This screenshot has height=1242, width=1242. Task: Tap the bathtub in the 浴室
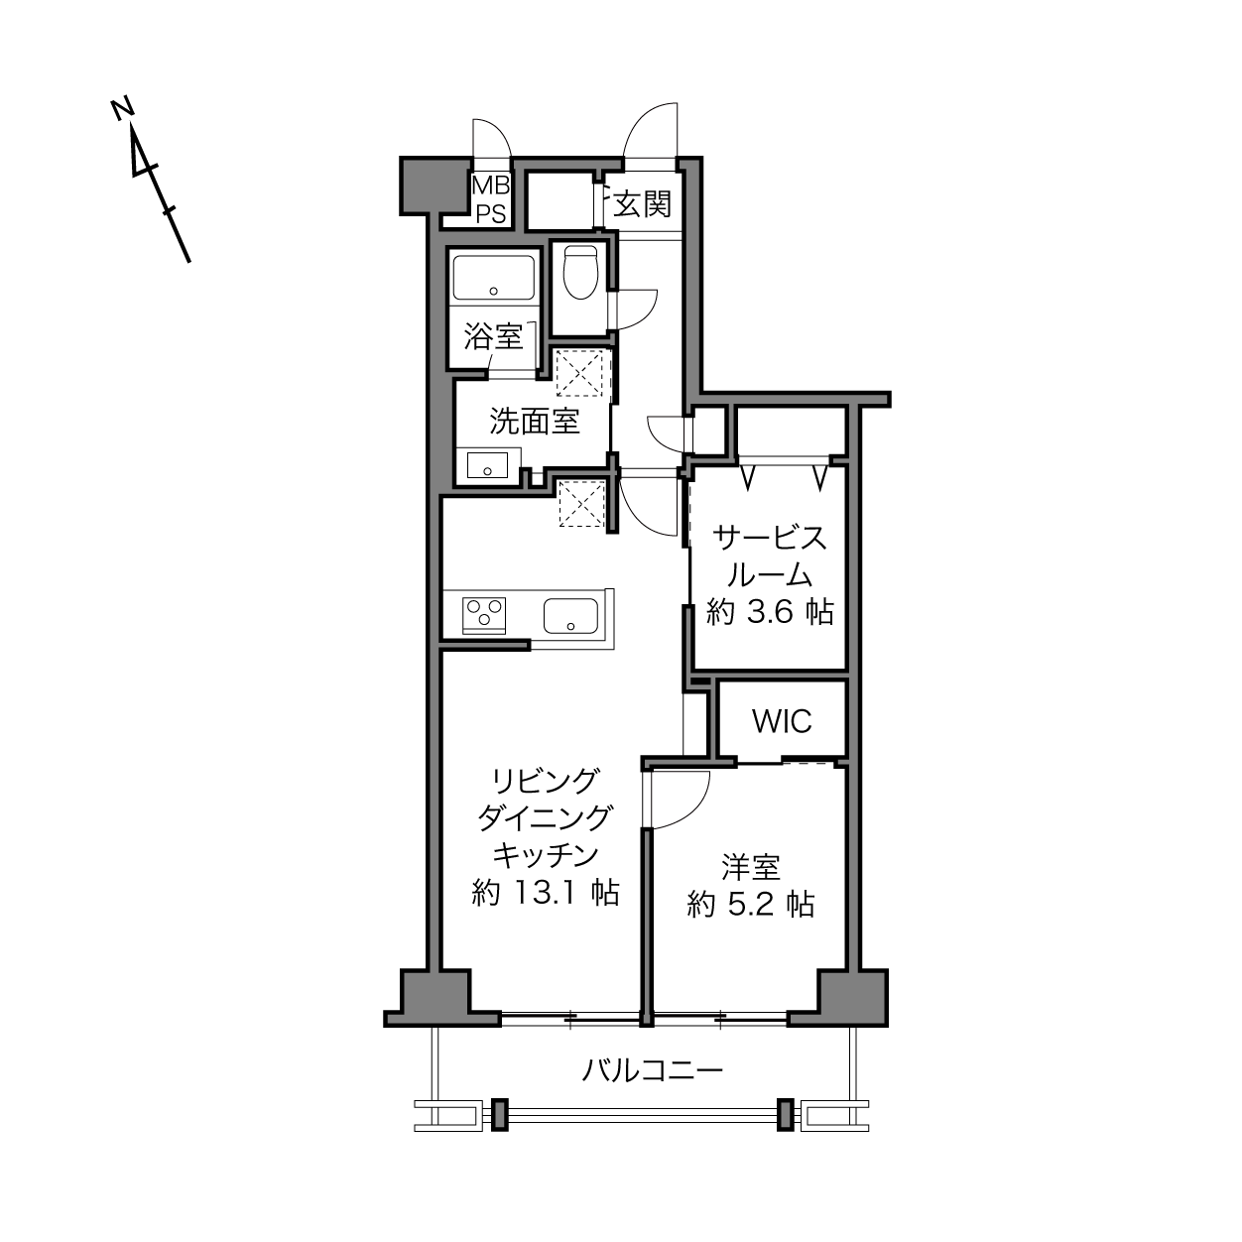[494, 277]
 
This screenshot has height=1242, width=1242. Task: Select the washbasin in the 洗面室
[487, 465]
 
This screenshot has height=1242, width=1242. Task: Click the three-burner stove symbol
[484, 615]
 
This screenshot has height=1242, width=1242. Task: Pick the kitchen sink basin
[571, 615]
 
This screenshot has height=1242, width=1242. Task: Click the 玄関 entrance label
[642, 204]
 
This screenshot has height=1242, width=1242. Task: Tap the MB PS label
[491, 199]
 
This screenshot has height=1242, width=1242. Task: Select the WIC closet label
[782, 721]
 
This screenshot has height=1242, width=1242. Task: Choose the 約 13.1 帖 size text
[546, 893]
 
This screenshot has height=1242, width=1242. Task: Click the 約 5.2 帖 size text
[751, 905]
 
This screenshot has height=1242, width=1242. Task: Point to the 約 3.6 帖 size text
[770, 611]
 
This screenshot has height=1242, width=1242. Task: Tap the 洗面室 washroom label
[535, 421]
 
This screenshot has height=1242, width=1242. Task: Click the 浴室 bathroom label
[493, 336]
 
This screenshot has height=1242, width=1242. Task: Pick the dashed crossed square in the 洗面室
[582, 373]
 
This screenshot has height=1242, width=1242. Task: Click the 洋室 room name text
[751, 867]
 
